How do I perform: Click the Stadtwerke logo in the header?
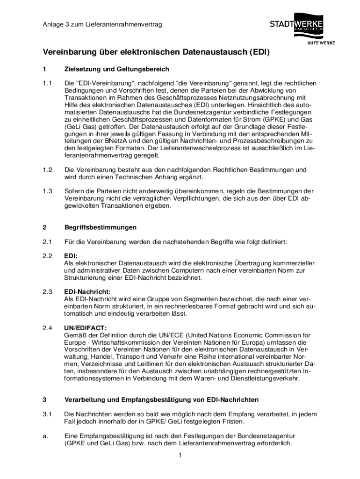pyautogui.click(x=296, y=25)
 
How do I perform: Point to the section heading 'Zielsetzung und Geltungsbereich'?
pyautogui.click(x=116, y=69)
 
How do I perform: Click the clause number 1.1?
pyautogui.click(x=47, y=83)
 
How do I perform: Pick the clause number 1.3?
pyautogui.click(x=47, y=191)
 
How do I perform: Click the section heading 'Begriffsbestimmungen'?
pyautogui.click(x=100, y=227)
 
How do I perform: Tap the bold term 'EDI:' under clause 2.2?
pyautogui.click(x=71, y=256)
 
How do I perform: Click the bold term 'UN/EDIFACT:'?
pyautogui.click(x=85, y=328)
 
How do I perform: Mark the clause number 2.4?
pyautogui.click(x=47, y=328)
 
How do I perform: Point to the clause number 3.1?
pyautogui.click(x=47, y=414)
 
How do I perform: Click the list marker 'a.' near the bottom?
pyautogui.click(x=45, y=436)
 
